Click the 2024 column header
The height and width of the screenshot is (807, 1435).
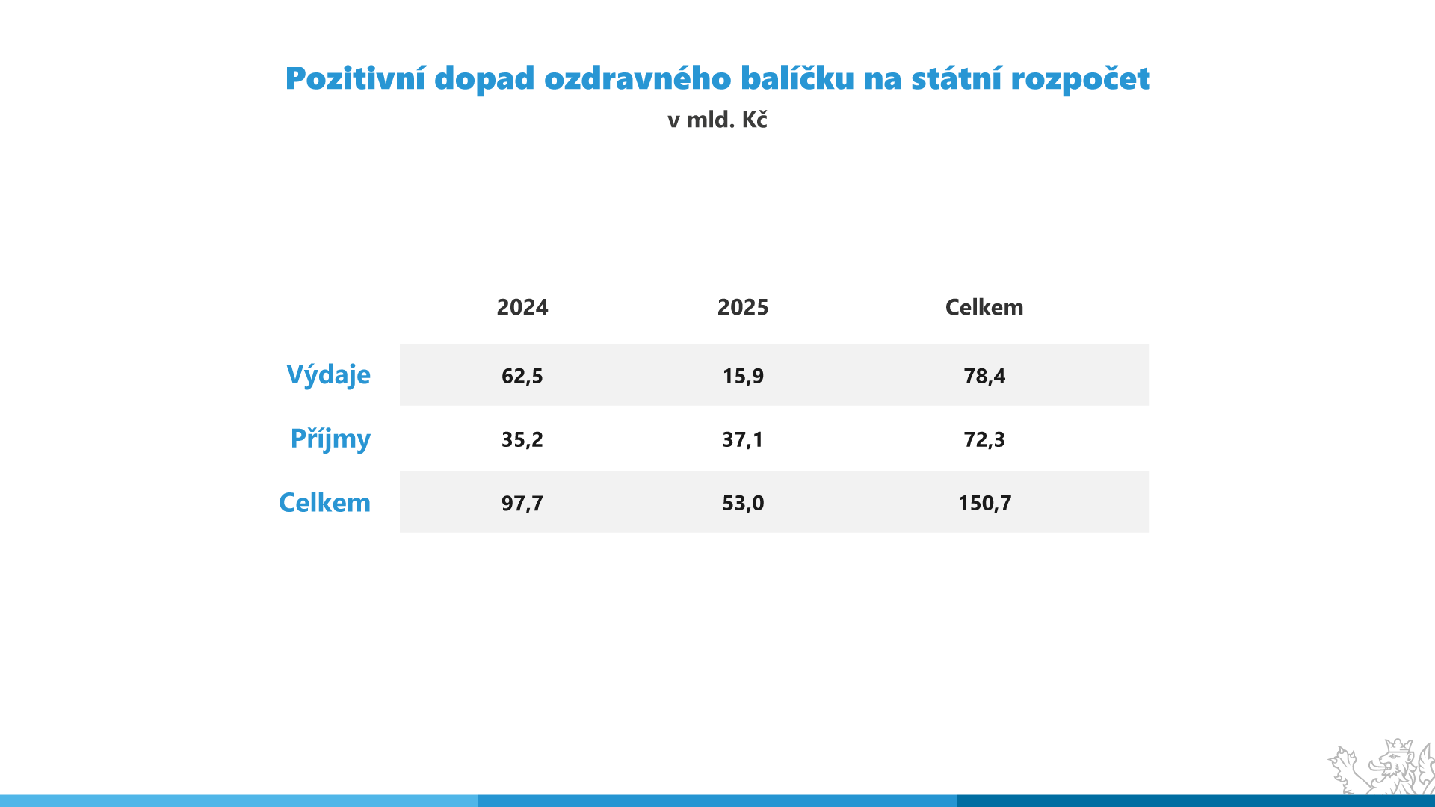click(x=522, y=307)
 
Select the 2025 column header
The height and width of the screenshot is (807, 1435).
click(x=743, y=307)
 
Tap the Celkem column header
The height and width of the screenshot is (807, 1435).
click(x=984, y=307)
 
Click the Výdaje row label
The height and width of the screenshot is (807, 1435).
click(x=328, y=375)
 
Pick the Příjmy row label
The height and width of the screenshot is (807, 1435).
click(x=330, y=439)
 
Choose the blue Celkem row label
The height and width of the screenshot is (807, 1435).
click(x=324, y=502)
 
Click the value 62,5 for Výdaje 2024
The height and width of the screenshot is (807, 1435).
click(x=522, y=376)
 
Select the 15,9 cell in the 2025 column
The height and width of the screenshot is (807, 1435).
click(x=743, y=376)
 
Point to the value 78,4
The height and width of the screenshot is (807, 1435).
click(x=984, y=376)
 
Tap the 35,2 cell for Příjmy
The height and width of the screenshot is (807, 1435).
click(x=522, y=439)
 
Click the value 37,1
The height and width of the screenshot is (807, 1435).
click(x=743, y=439)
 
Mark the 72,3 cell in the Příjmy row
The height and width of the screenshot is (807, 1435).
click(x=984, y=439)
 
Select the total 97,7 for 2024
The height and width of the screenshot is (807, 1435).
click(x=522, y=503)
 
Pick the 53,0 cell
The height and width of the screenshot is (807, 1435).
click(x=743, y=503)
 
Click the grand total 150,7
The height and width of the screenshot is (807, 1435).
click(x=984, y=503)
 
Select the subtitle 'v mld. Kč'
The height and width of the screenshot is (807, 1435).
click(x=717, y=120)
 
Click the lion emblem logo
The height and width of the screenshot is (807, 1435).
click(x=1381, y=767)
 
